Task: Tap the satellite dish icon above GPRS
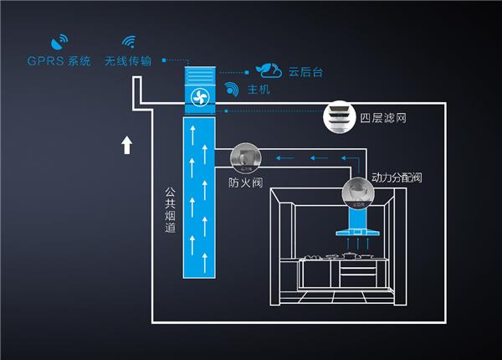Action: (59, 41)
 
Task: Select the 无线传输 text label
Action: (128, 61)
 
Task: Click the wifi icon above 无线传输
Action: (128, 42)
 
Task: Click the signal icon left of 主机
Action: (232, 89)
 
